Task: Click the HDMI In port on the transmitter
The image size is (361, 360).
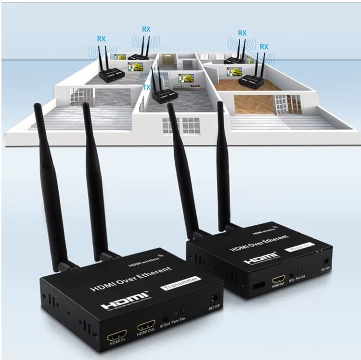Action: tap(116, 334)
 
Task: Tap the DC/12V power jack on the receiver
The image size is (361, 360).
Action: tap(327, 263)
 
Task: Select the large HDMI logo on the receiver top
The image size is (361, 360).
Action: tap(260, 258)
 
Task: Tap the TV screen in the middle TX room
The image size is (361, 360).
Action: tap(186, 77)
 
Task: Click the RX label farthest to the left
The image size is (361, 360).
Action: tap(101, 39)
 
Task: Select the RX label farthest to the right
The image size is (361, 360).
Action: tap(264, 46)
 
